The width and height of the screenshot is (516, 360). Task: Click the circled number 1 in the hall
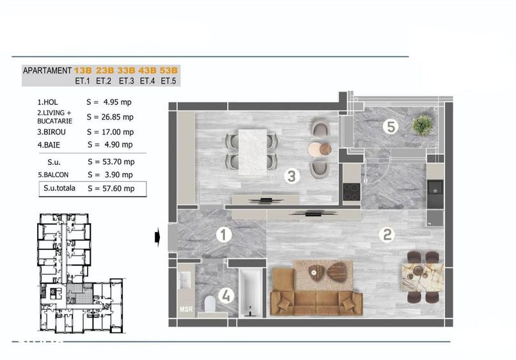[x=223, y=235]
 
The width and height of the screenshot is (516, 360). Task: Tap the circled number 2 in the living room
[x=386, y=235]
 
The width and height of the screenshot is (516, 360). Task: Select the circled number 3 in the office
[x=292, y=176]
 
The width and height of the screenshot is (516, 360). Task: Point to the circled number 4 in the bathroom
[x=224, y=295]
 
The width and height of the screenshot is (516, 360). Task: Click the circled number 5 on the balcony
[x=391, y=126]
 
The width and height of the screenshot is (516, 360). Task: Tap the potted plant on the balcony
[x=422, y=125]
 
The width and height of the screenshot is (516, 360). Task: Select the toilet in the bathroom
[x=208, y=305]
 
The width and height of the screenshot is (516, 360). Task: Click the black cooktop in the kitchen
[x=352, y=191]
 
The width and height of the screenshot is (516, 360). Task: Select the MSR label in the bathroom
[x=185, y=310]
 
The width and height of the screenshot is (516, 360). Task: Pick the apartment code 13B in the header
[x=82, y=70]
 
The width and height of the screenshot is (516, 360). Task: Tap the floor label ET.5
[x=169, y=81]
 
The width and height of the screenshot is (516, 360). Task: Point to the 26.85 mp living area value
[x=120, y=117]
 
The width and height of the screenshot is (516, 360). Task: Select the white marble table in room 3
[x=251, y=149]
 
